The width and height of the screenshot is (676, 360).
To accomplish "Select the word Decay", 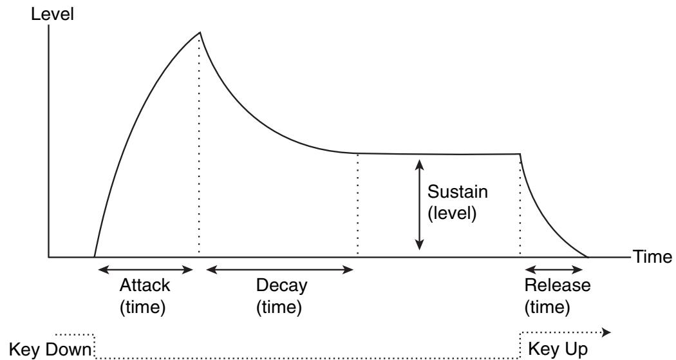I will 279,285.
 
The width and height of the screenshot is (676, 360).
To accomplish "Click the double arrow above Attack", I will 144,269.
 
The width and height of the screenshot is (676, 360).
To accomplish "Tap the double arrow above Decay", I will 279,269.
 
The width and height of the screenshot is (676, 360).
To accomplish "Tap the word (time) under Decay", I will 279,307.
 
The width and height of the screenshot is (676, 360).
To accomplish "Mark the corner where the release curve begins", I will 519,154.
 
